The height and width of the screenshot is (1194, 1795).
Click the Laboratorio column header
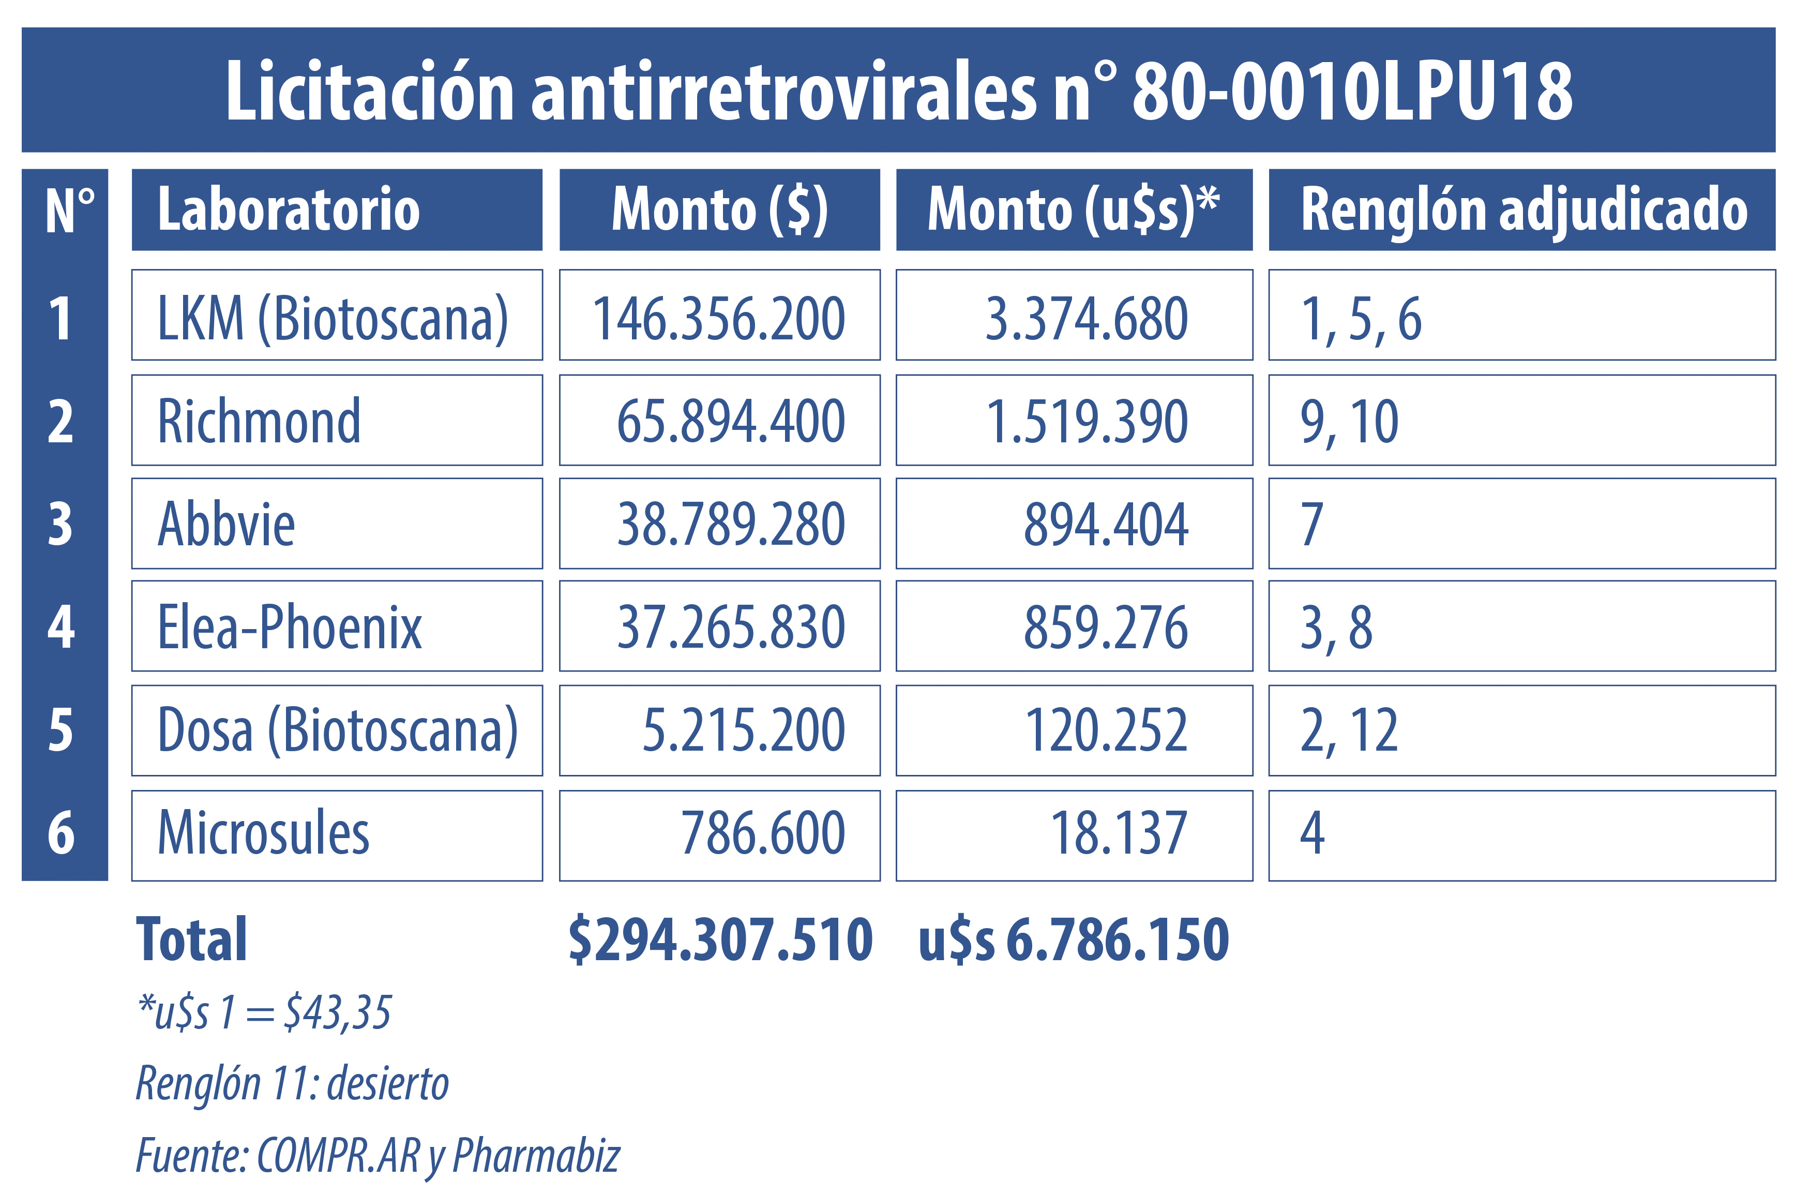[337, 210]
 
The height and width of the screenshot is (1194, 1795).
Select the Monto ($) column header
[719, 210]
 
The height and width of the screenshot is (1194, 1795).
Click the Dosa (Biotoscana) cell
[337, 731]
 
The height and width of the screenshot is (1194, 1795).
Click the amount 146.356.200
[719, 318]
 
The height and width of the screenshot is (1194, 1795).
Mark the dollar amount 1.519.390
[1087, 421]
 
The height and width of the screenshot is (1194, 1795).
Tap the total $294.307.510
[720, 939]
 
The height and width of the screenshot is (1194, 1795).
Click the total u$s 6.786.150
[1074, 939]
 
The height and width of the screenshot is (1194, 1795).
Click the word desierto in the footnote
[388, 1084]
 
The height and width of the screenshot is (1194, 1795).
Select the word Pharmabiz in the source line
[537, 1155]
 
